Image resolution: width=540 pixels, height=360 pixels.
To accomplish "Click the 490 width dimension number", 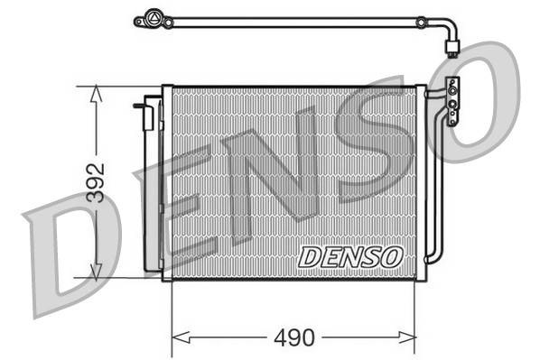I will pyautogui.click(x=294, y=338).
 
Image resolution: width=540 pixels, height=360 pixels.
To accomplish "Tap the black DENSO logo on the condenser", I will pyautogui.click(x=350, y=256).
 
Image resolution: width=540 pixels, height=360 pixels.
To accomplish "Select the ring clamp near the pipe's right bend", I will pyautogui.click(x=421, y=20).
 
